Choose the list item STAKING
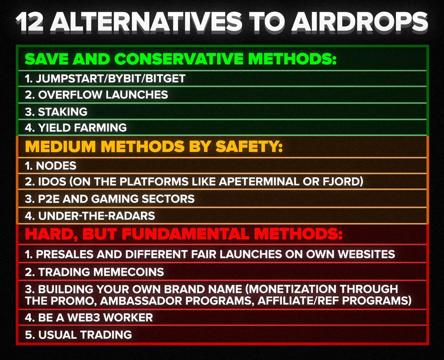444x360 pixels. click(x=63, y=111)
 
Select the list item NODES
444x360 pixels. click(x=56, y=165)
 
